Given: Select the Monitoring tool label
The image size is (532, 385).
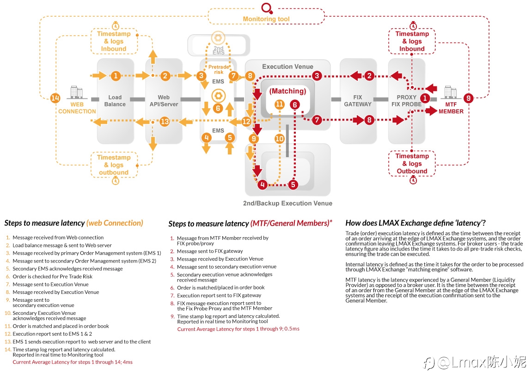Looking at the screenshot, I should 266,19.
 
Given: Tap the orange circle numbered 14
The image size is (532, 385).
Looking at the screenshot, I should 55,98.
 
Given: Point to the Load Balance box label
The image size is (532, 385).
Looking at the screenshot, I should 115,101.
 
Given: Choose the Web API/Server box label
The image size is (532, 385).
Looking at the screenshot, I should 164,101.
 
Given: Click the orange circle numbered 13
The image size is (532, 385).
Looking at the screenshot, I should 165,122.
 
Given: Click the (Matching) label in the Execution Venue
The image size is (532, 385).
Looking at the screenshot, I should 287,91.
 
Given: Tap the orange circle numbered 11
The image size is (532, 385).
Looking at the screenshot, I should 279,104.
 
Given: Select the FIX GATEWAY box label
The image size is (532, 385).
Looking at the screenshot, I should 358,101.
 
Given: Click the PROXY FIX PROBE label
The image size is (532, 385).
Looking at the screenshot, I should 406,101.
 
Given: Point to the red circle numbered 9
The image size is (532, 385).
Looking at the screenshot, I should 468,98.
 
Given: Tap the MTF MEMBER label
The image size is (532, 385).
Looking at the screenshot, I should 451,108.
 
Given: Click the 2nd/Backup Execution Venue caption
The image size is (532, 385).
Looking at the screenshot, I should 287,203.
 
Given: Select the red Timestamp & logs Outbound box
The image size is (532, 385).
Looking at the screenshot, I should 412,164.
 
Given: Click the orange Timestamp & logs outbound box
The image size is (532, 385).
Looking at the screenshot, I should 114,165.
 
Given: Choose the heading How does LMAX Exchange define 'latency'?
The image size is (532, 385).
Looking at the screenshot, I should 416,223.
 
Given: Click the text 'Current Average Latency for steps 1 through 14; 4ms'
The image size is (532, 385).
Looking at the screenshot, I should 73,362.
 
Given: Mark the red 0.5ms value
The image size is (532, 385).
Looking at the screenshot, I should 292,329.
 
